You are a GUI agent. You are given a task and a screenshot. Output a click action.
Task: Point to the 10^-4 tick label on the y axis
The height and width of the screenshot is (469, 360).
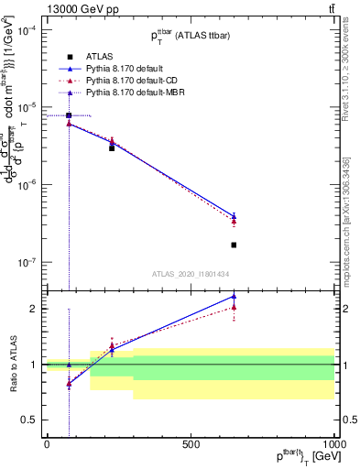pos(27,30)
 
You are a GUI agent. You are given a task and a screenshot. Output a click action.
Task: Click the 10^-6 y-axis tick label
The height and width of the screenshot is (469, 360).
pos(27,185)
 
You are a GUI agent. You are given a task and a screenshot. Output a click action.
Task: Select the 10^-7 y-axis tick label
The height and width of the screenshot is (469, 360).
pos(27,263)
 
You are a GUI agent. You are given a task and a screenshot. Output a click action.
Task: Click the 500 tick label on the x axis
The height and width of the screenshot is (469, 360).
pos(191,444)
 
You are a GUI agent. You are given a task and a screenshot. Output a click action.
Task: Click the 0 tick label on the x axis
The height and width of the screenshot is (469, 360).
pos(47,444)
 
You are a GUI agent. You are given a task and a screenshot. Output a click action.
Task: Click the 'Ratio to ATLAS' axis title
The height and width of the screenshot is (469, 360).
pos(11,364)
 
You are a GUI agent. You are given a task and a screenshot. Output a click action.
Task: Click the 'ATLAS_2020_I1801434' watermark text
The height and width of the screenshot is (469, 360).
pos(190,274)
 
